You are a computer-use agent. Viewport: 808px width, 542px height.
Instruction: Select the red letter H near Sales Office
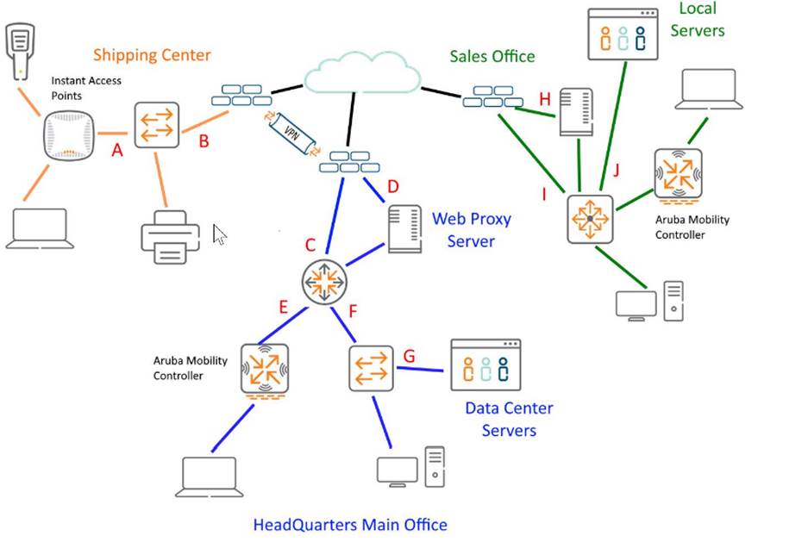pos(545,99)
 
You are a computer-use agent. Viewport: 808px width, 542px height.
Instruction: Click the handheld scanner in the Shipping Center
pos(20,51)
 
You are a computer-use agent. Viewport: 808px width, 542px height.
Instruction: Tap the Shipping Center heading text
pos(152,55)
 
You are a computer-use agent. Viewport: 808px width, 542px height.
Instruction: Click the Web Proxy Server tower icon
pos(404,228)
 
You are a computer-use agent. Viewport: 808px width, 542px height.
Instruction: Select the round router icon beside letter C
pos(323,281)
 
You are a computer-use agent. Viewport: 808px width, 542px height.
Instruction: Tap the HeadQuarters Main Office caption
pos(350,524)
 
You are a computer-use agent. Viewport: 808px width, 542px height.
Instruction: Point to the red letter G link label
pos(410,355)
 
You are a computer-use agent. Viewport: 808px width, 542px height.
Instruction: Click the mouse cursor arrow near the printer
pos(219,234)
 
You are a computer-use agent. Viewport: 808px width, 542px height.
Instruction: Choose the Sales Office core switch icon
pos(590,219)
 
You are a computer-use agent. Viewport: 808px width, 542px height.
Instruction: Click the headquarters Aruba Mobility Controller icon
pos(265,370)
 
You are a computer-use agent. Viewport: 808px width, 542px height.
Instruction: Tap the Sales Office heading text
pos(492,56)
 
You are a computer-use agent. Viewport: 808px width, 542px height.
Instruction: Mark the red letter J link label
pos(616,169)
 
